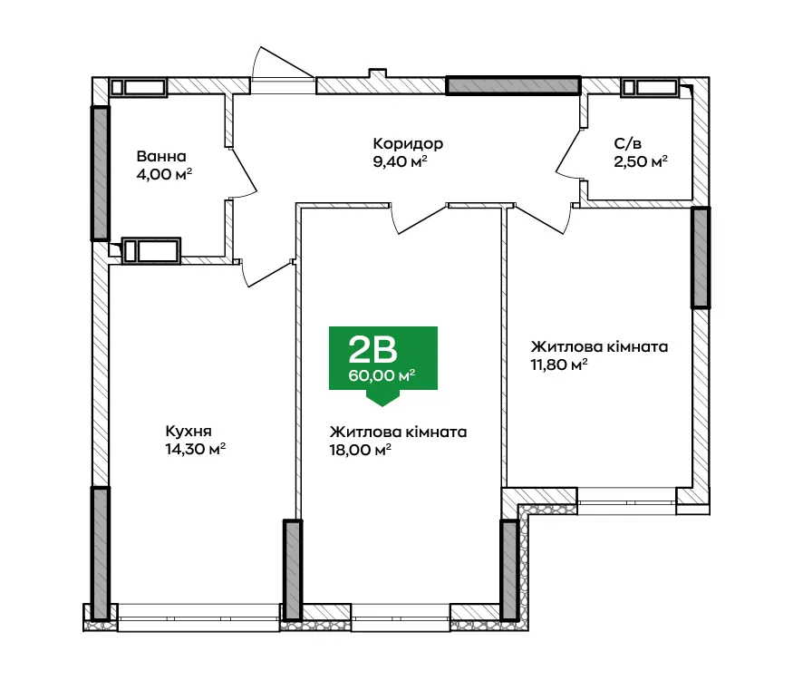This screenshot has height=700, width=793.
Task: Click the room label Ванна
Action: (161, 156)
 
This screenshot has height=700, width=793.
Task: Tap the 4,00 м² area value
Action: (164, 175)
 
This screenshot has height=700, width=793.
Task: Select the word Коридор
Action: (408, 144)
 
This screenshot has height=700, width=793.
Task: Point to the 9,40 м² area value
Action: (400, 162)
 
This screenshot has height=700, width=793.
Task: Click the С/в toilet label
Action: (628, 144)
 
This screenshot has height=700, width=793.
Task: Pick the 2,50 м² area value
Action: (641, 162)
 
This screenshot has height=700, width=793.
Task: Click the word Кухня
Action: (189, 432)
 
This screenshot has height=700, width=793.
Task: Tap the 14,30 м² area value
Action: (195, 450)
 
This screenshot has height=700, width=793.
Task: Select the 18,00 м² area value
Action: (361, 450)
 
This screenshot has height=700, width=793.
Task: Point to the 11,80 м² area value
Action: (559, 365)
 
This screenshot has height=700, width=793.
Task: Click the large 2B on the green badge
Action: (372, 350)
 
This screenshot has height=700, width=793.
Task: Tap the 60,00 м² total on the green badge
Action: (382, 376)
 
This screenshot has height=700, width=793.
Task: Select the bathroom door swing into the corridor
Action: (243, 172)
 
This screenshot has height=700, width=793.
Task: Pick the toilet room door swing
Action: (568, 153)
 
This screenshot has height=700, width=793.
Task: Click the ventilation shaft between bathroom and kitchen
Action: (151, 250)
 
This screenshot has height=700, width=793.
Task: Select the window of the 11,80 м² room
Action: (626, 502)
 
